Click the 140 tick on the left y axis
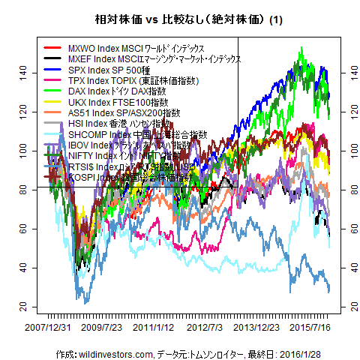point(22,72)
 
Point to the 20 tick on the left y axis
point(22,308)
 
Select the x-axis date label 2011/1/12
point(154,328)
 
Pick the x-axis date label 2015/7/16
point(311,328)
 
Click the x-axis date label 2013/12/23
point(259,328)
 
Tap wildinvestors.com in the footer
point(112,352)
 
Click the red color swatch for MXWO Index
point(52,48)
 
